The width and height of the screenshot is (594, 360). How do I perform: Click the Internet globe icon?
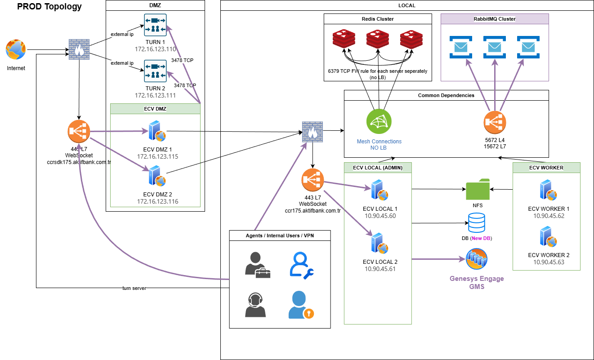16,49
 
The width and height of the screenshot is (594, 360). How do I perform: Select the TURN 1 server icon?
156,25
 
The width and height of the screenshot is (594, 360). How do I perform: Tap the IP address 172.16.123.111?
156,95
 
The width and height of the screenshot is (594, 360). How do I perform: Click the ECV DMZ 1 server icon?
157,131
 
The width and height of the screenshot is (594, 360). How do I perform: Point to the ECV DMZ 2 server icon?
157,176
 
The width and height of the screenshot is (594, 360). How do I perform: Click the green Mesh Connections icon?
379,121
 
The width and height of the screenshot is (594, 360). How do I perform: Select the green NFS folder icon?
478,189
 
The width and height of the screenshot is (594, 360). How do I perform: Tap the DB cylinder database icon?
477,222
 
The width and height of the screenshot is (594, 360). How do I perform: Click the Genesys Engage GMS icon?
477,259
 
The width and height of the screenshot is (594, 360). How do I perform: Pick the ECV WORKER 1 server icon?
548,190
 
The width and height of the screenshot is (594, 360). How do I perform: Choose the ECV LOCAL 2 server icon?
380,243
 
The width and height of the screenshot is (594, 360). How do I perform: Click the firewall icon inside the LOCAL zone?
313,132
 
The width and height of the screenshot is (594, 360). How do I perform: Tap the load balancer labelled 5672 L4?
495,123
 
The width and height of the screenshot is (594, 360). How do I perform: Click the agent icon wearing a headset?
255,305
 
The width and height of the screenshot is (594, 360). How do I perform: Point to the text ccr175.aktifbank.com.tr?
313,211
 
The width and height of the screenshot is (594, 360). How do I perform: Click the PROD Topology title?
49,6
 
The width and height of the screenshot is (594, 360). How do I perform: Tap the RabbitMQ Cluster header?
495,19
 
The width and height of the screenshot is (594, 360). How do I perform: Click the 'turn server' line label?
134,288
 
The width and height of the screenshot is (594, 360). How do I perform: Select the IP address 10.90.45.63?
549,262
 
